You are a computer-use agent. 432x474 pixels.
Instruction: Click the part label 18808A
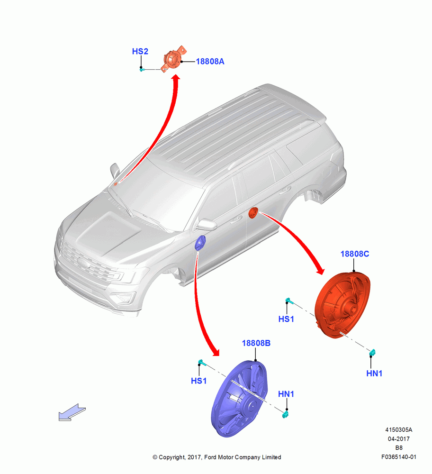click(x=210, y=61)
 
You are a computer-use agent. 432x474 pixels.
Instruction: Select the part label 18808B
click(x=256, y=343)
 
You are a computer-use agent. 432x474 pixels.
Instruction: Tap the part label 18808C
click(x=355, y=254)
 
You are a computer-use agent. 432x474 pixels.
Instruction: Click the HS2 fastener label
click(x=140, y=51)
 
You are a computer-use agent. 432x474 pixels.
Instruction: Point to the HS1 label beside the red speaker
click(x=286, y=319)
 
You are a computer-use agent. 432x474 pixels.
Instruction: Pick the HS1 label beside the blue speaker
click(x=199, y=381)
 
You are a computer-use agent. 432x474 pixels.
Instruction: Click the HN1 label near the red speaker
click(x=374, y=374)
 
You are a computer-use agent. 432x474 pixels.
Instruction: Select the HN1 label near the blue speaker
click(x=286, y=394)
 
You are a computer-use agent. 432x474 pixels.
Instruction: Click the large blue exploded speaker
click(x=239, y=399)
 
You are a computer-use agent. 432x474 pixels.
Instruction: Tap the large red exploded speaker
click(x=342, y=305)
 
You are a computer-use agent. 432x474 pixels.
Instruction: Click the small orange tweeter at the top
click(x=173, y=59)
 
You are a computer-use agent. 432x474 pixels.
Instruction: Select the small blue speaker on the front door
click(x=200, y=243)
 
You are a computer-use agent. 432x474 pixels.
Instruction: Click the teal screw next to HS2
click(x=142, y=70)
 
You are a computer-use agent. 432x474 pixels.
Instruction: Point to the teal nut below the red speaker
click(x=373, y=353)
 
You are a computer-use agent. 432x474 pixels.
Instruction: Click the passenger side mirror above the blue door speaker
click(x=206, y=225)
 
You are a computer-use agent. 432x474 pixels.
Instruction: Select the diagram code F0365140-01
click(x=399, y=457)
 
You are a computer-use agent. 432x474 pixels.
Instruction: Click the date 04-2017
click(x=399, y=439)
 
